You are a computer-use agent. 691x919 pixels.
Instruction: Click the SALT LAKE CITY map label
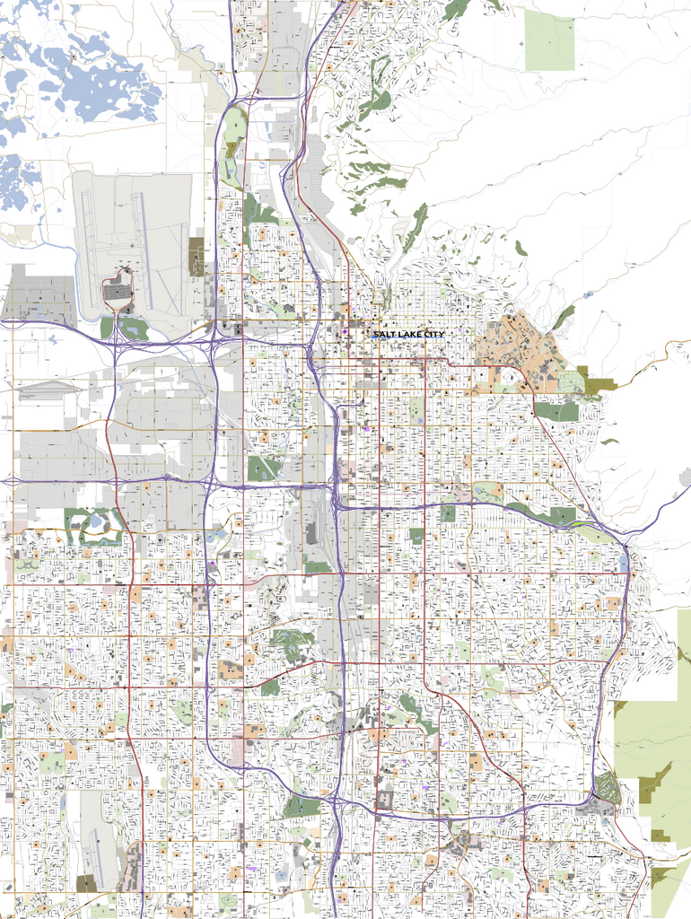[408, 335]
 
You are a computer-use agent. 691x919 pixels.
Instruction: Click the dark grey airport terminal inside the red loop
[117, 292]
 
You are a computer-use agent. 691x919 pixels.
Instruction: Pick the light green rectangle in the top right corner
[549, 40]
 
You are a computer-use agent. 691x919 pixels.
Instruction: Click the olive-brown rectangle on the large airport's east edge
[197, 256]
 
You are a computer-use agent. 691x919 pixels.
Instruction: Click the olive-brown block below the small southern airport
[86, 884]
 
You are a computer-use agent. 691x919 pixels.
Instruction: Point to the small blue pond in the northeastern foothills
[589, 294]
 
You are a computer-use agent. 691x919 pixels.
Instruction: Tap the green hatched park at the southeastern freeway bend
[608, 789]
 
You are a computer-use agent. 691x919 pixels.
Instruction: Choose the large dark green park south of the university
[556, 411]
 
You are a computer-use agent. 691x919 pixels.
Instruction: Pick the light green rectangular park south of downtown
[416, 411]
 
